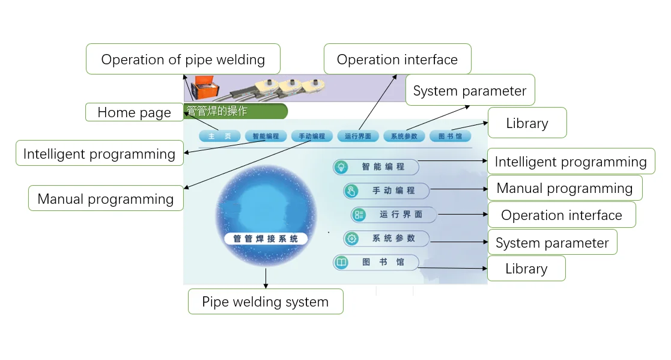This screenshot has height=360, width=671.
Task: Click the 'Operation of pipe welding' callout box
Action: [183, 59]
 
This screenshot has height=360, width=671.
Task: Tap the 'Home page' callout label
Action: [135, 112]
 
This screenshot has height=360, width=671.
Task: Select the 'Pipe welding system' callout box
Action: [266, 302]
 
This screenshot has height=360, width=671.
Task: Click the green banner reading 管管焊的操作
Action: [235, 111]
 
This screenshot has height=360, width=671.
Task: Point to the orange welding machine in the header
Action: [205, 87]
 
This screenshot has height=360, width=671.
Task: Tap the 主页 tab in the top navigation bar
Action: [219, 136]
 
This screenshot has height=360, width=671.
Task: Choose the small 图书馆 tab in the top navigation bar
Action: [450, 136]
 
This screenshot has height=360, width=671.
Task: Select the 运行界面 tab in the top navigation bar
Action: [358, 136]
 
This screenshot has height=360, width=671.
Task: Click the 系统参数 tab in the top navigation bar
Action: [404, 136]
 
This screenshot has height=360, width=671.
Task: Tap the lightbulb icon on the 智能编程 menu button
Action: [341, 167]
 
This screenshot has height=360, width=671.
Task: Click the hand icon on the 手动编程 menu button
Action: [351, 191]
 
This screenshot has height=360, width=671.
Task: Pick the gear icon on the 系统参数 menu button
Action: [352, 239]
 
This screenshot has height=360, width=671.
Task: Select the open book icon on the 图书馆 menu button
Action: [341, 263]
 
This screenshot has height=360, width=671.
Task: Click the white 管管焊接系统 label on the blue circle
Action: [266, 239]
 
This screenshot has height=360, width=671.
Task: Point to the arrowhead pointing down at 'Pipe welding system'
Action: [266, 285]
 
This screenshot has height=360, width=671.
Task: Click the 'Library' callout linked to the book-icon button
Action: [526, 269]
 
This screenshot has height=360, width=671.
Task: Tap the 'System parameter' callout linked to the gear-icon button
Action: [552, 243]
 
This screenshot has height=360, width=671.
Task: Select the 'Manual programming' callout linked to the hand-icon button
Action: [565, 188]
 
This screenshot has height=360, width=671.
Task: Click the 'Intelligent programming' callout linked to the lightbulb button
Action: [571, 162]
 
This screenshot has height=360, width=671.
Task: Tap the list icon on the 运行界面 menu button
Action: [359, 215]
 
